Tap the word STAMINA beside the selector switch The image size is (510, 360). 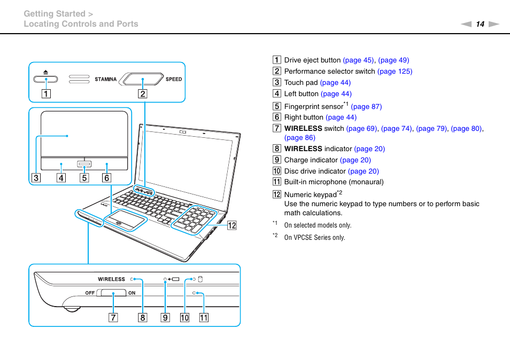click(105, 80)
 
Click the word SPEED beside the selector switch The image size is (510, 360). click(174, 79)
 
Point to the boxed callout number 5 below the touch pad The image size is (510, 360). click(84, 178)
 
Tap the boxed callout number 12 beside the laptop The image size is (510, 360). click(231, 225)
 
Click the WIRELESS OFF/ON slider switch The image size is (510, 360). click(112, 293)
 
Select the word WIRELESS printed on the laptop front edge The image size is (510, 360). click(111, 279)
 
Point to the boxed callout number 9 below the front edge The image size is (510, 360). click(165, 318)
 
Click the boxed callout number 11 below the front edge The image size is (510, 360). click(204, 318)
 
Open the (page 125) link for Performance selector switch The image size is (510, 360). click(395, 71)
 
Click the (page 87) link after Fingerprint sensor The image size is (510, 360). click(366, 106)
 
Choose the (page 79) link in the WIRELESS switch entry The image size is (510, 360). click(431, 128)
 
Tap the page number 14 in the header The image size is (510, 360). click(480, 24)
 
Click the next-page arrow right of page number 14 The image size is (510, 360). click(493, 24)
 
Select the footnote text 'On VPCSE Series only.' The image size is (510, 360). click(314, 237)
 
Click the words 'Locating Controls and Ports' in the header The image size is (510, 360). click(81, 24)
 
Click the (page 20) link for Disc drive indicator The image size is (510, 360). click(363, 171)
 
